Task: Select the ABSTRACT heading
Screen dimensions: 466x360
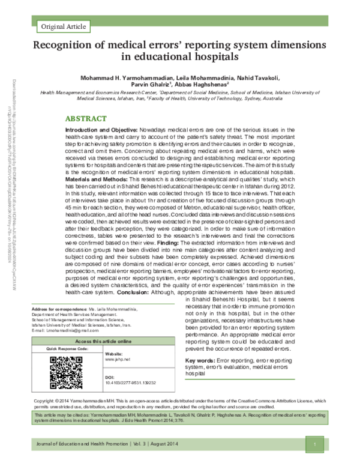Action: pyautogui.click(x=87, y=119)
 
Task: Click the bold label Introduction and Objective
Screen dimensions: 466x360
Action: pyautogui.click(x=100, y=130)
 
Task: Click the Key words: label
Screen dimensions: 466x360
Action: pyautogui.click(x=202, y=360)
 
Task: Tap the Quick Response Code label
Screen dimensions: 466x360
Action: pyautogui.click(x=68, y=348)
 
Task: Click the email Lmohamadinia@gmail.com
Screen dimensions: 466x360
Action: pyautogui.click(x=65, y=330)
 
